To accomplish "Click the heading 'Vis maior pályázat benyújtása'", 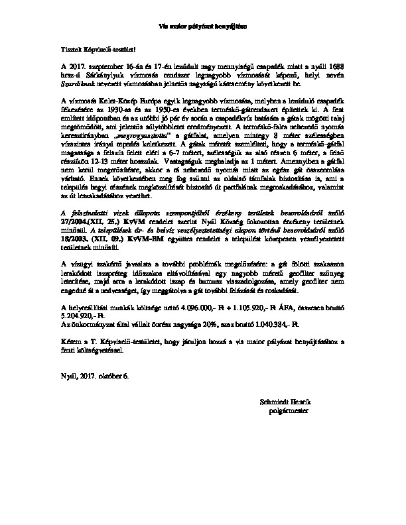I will click(204, 27).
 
